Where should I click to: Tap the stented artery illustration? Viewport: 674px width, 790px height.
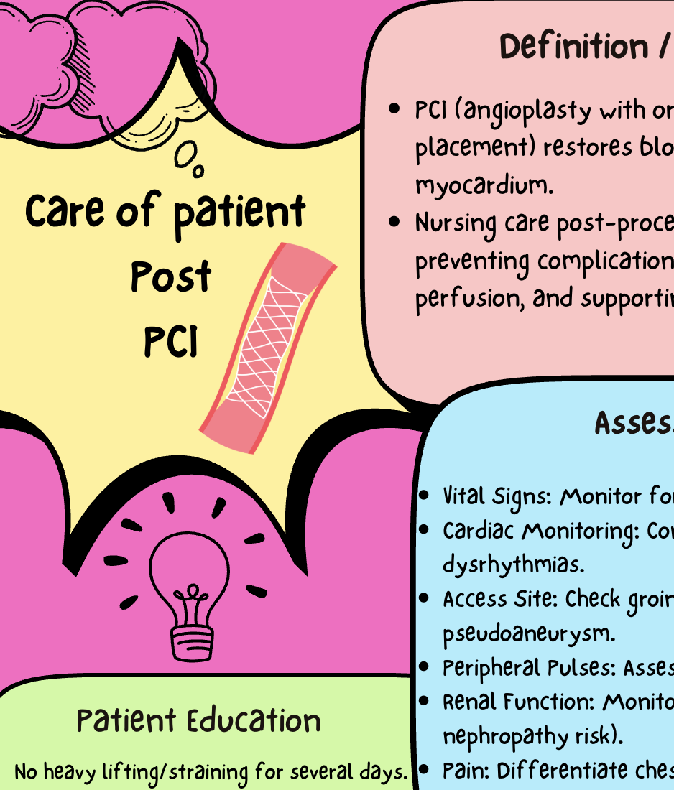(267, 348)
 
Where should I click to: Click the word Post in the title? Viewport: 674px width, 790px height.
(171, 277)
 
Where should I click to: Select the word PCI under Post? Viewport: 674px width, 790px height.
(170, 342)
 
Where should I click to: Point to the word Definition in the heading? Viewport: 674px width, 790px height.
(573, 47)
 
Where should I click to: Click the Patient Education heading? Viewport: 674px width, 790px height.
(198, 721)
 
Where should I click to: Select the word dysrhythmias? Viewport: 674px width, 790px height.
(513, 564)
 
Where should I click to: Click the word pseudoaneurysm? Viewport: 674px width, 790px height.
(530, 633)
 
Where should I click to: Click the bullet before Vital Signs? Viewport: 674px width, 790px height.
(425, 496)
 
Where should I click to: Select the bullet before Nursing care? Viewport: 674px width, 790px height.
(394, 223)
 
